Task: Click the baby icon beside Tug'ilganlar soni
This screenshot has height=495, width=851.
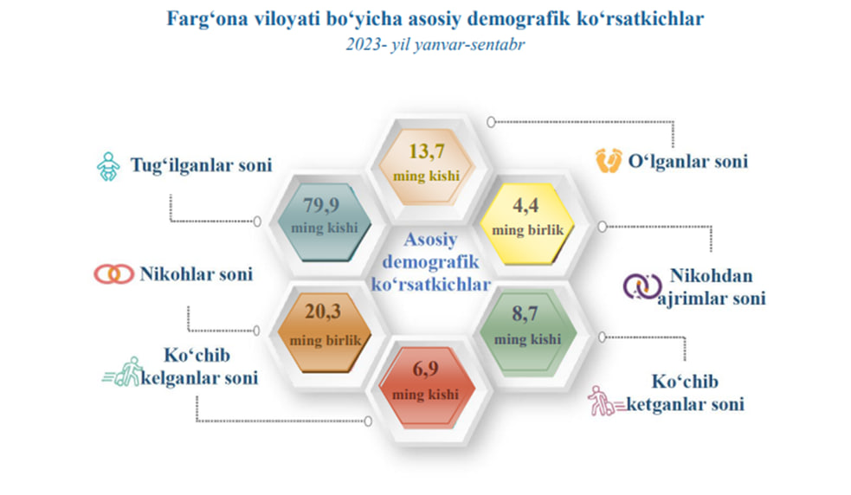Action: [x=108, y=166]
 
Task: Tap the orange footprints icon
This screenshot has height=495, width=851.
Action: [x=608, y=161]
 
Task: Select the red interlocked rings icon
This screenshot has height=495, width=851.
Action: [x=114, y=274]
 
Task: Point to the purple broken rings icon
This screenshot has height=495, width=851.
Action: [x=642, y=286]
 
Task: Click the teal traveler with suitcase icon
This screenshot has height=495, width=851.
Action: [x=123, y=372]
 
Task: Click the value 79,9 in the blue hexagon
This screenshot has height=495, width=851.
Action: [x=321, y=205]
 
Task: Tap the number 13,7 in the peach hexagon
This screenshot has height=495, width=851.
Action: [x=427, y=151]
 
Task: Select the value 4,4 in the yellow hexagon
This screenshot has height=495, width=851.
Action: [x=525, y=206]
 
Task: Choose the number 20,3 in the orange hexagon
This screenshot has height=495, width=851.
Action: [x=323, y=312]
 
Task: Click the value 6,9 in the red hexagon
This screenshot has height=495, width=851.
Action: [x=426, y=369]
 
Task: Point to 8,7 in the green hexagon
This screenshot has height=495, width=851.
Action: [x=525, y=314]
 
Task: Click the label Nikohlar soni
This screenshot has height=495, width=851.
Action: [x=197, y=274]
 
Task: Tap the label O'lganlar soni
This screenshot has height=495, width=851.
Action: [x=688, y=161]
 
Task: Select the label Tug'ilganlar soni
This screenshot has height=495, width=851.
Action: [x=202, y=165]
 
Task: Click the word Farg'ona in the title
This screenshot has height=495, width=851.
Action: [x=207, y=19]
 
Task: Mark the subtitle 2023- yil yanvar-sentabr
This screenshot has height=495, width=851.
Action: [x=435, y=44]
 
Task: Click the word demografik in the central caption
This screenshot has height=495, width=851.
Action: [x=431, y=261]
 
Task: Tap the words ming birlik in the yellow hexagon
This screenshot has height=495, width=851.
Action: [x=527, y=230]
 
